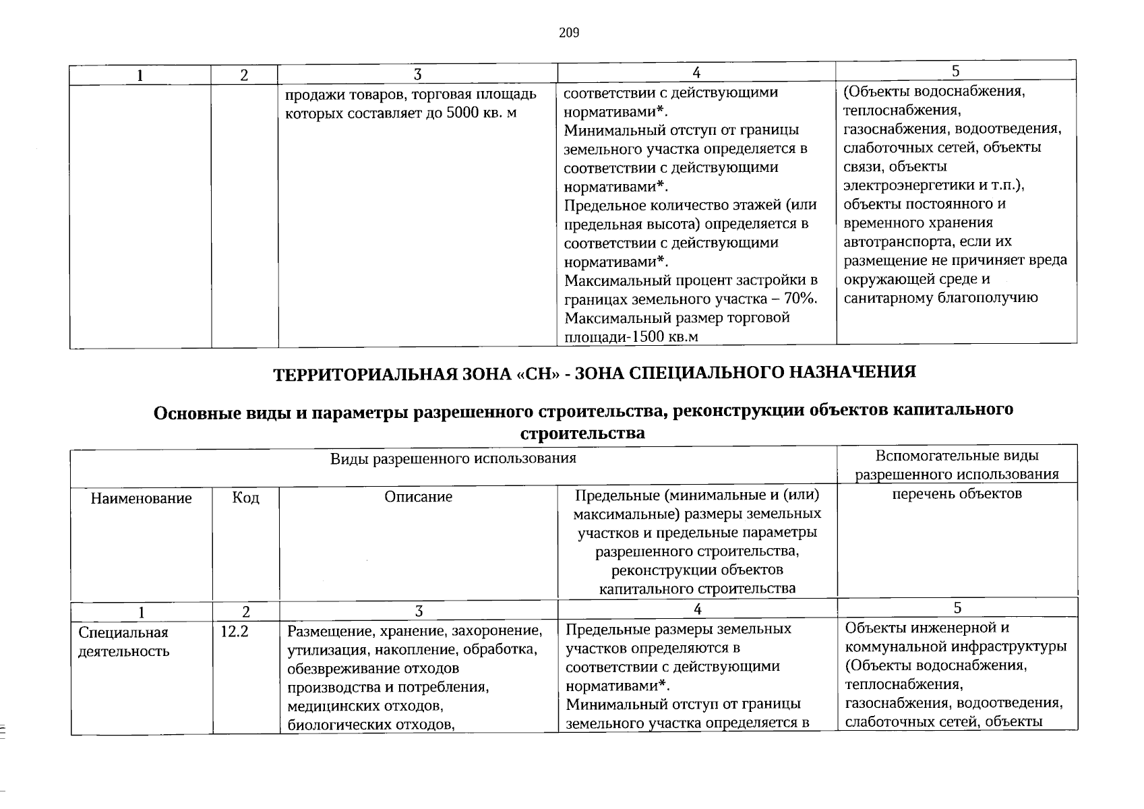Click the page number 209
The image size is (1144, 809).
(x=569, y=33)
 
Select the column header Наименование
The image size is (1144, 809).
(x=142, y=498)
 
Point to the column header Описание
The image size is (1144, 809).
(x=418, y=497)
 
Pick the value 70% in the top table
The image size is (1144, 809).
(x=800, y=299)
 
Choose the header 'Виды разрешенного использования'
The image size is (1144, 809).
(x=453, y=458)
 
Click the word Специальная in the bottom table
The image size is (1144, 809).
(x=123, y=632)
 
